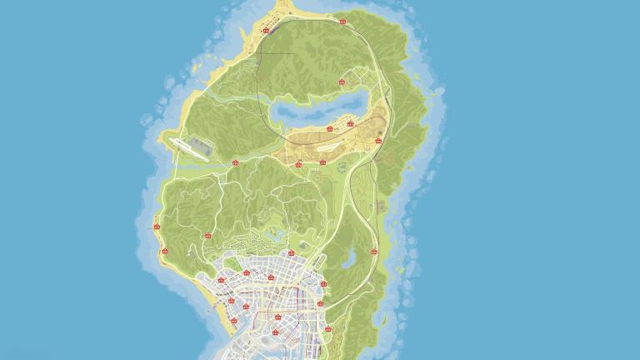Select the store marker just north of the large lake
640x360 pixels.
click(x=342, y=82)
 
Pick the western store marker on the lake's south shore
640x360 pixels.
click(x=330, y=128)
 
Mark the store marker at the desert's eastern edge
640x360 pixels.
click(x=379, y=140)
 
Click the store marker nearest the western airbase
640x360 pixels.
click(x=235, y=163)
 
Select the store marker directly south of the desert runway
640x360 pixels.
click(x=322, y=162)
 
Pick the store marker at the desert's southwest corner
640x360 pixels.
click(x=300, y=164)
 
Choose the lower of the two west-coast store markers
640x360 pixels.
click(x=165, y=251)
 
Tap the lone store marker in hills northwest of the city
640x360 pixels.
click(x=207, y=236)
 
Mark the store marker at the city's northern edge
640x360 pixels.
click(x=291, y=253)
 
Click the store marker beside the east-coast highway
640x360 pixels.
click(x=373, y=252)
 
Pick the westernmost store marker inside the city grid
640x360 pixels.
click(x=221, y=281)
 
